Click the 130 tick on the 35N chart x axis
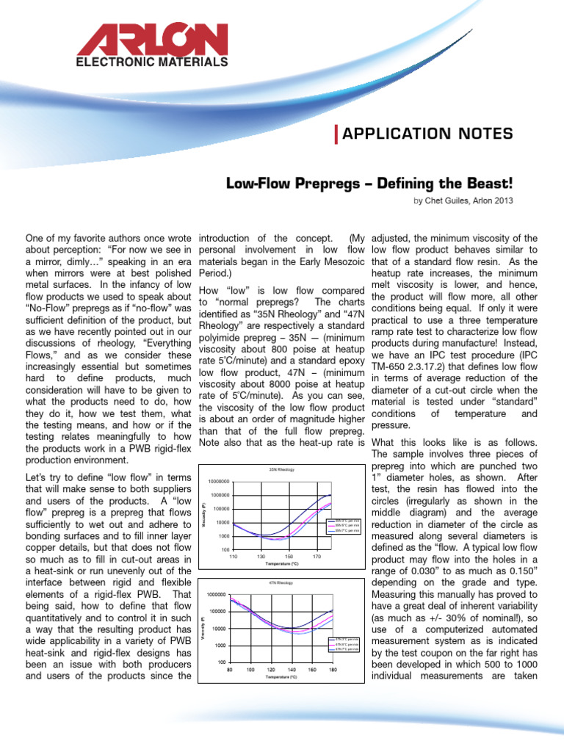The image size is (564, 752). pyautogui.click(x=260, y=557)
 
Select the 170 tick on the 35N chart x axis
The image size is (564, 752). pyautogui.click(x=317, y=557)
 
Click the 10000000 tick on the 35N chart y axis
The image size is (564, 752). pyautogui.click(x=218, y=481)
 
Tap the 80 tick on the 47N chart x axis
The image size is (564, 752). pyautogui.click(x=230, y=670)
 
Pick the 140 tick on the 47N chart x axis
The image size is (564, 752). pyautogui.click(x=292, y=670)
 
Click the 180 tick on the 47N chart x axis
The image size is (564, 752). pyautogui.click(x=333, y=670)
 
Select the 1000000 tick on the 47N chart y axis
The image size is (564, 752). pyautogui.click(x=216, y=594)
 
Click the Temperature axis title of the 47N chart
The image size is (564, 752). pyautogui.click(x=281, y=677)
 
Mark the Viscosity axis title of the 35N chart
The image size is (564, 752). pyautogui.click(x=203, y=514)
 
